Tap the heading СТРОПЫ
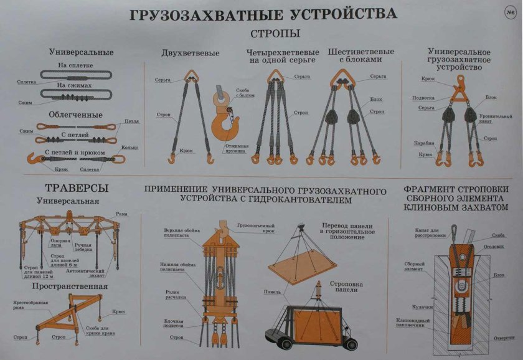(275, 33)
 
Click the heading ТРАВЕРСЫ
(68, 187)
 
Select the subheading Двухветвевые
(181, 53)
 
